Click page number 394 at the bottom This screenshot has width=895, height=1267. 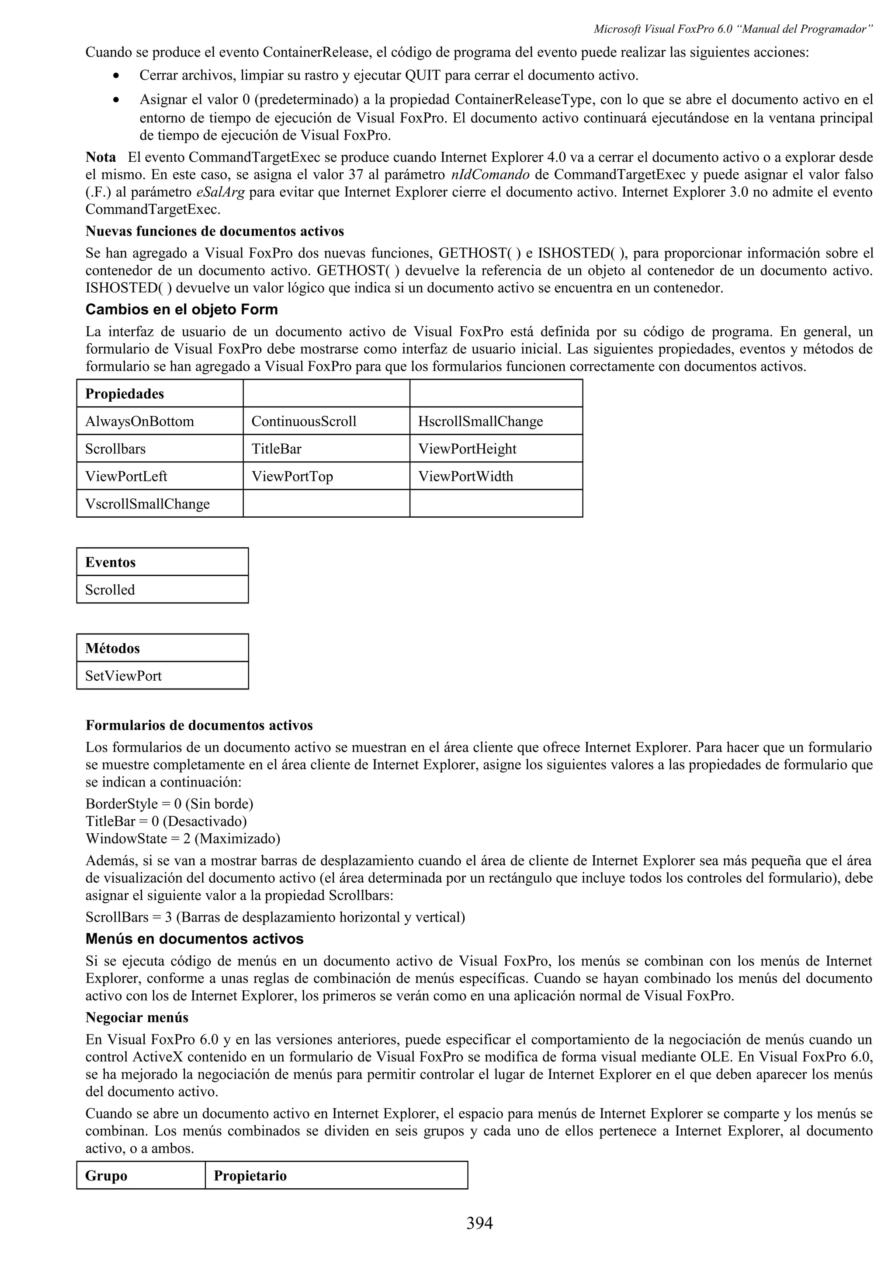coord(479,1223)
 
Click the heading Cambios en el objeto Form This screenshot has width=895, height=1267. coord(181,310)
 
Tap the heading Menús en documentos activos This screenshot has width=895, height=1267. coord(194,939)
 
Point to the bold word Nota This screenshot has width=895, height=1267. coord(101,157)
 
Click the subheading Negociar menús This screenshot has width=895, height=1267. coord(137,1017)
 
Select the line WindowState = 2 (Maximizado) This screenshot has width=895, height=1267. coord(183,839)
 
